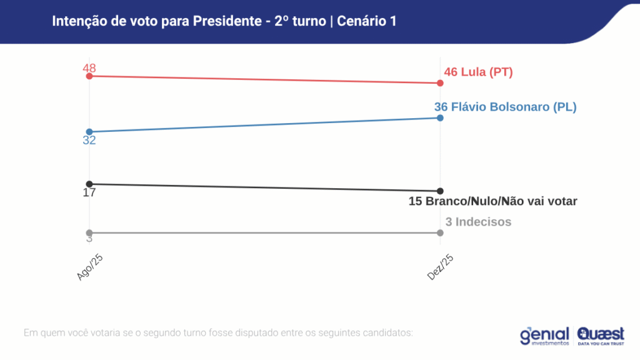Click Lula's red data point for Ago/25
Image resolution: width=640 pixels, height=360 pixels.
[89, 76]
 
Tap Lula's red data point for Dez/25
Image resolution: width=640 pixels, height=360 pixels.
[441, 83]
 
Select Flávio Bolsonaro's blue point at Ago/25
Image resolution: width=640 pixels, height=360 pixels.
[89, 132]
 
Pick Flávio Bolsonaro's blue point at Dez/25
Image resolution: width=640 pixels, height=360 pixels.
[441, 117]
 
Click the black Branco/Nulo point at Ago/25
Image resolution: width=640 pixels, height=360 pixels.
[89, 184]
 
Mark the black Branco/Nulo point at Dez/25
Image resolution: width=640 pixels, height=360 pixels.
[441, 191]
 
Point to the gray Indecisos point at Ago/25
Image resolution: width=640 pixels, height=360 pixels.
[89, 232]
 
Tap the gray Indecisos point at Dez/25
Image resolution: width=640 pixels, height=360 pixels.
[441, 232]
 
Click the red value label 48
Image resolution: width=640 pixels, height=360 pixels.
[89, 68]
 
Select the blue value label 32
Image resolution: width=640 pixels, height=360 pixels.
[89, 141]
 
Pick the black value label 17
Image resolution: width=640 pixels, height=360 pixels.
[89, 192]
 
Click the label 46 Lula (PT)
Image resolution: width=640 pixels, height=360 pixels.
[478, 72]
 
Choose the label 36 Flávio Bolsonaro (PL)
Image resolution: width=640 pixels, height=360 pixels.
[505, 107]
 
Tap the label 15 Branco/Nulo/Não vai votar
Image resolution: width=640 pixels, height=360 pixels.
[492, 201]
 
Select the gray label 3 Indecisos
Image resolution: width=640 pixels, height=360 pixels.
[478, 222]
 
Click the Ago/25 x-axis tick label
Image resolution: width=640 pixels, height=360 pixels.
[89, 267]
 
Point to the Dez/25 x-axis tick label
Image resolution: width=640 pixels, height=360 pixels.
[440, 267]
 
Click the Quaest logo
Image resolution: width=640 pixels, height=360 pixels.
[601, 336]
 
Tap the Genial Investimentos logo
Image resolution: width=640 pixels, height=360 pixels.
[544, 336]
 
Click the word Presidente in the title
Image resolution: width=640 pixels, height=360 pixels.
[226, 21]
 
